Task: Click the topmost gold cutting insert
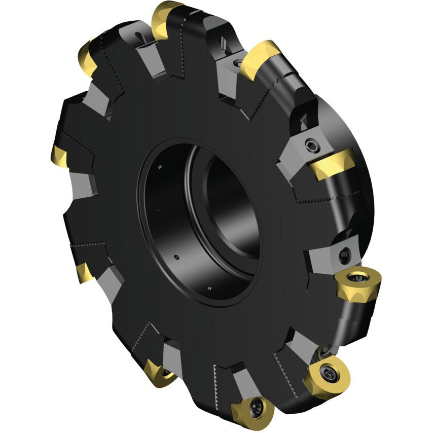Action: click(x=166, y=19)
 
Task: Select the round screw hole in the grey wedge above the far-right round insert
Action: click(x=345, y=252)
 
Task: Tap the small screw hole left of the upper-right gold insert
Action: click(x=236, y=64)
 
